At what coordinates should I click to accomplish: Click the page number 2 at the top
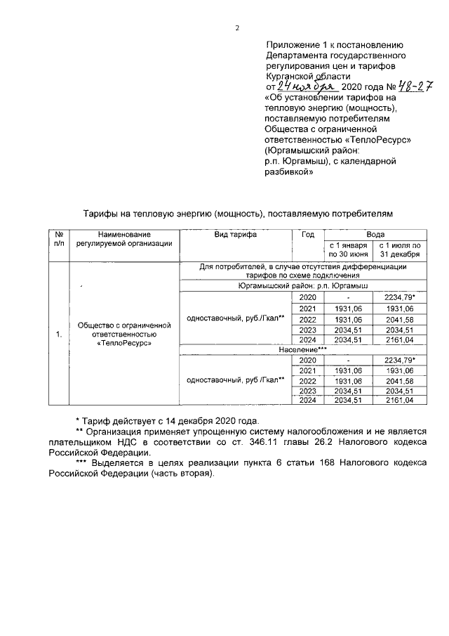pyautogui.click(x=236, y=28)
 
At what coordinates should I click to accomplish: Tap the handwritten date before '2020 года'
pyautogui.click(x=300, y=86)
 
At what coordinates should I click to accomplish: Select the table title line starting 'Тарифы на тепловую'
pyautogui.click(x=234, y=212)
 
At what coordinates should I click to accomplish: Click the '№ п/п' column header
pyautogui.click(x=59, y=239)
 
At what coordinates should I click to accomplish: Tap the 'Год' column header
pyautogui.click(x=307, y=234)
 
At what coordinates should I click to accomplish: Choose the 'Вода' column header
pyautogui.click(x=375, y=234)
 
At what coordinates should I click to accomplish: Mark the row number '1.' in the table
pyautogui.click(x=59, y=335)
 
